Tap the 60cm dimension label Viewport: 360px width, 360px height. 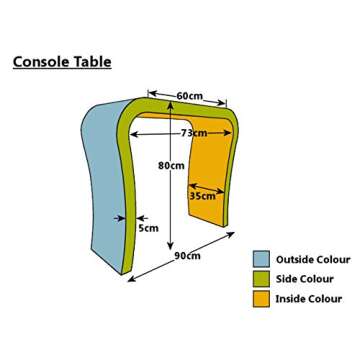[x=190, y=95]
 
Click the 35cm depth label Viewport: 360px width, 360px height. [x=201, y=196]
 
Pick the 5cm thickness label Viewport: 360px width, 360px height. [x=148, y=228]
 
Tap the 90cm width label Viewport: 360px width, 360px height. [x=186, y=257]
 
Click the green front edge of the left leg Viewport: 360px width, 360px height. [x=126, y=200]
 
